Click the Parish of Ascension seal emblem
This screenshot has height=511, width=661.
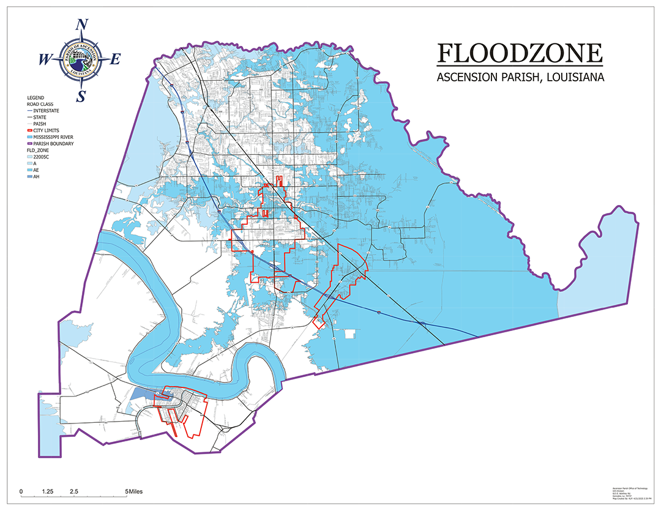(x=81, y=59)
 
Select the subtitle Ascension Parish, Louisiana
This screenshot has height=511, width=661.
(x=520, y=78)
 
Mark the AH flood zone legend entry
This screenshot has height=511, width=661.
(x=37, y=176)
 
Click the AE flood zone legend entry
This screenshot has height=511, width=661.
(x=37, y=170)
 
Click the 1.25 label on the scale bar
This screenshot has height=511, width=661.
(x=48, y=491)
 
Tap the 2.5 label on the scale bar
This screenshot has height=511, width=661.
(x=74, y=491)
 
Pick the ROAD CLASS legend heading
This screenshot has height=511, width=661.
(x=40, y=104)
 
